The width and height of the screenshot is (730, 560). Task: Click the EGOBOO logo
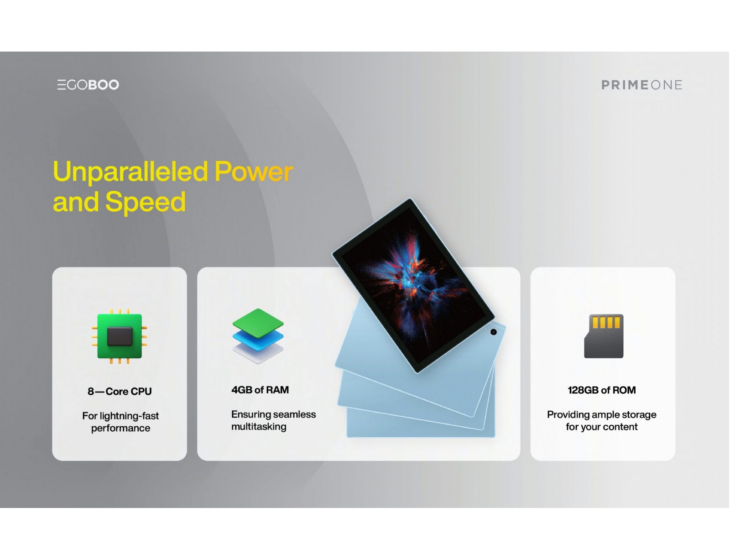click(88, 84)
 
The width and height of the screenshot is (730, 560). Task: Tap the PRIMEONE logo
click(641, 85)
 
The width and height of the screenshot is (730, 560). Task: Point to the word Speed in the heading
click(145, 202)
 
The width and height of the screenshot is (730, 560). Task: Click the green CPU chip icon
click(120, 336)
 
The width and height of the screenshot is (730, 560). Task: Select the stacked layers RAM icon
click(258, 336)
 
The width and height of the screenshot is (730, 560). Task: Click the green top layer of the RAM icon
click(258, 323)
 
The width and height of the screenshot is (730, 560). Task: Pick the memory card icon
click(604, 336)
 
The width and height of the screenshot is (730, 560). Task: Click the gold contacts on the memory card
click(606, 322)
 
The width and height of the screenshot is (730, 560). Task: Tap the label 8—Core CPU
click(120, 392)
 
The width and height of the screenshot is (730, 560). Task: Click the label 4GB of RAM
click(260, 390)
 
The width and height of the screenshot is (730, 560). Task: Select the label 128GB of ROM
click(602, 390)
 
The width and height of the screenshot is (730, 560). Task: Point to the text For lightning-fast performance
click(120, 422)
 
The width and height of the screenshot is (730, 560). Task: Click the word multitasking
click(259, 427)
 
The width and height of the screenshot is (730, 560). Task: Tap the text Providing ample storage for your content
click(602, 421)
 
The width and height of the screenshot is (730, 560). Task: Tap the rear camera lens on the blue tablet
click(494, 332)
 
